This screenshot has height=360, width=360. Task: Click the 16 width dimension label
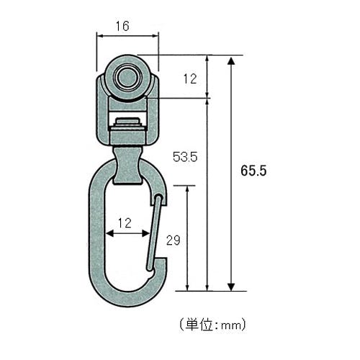122,26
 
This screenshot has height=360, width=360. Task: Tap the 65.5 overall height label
253,171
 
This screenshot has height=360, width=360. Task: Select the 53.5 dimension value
185,157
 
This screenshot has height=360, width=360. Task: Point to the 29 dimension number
174,240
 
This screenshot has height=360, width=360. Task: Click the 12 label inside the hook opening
125,223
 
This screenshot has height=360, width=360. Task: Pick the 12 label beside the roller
190,78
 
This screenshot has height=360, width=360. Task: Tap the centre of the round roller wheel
127,77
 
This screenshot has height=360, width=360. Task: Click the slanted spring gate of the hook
153,233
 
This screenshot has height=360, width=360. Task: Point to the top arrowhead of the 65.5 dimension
231,61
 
